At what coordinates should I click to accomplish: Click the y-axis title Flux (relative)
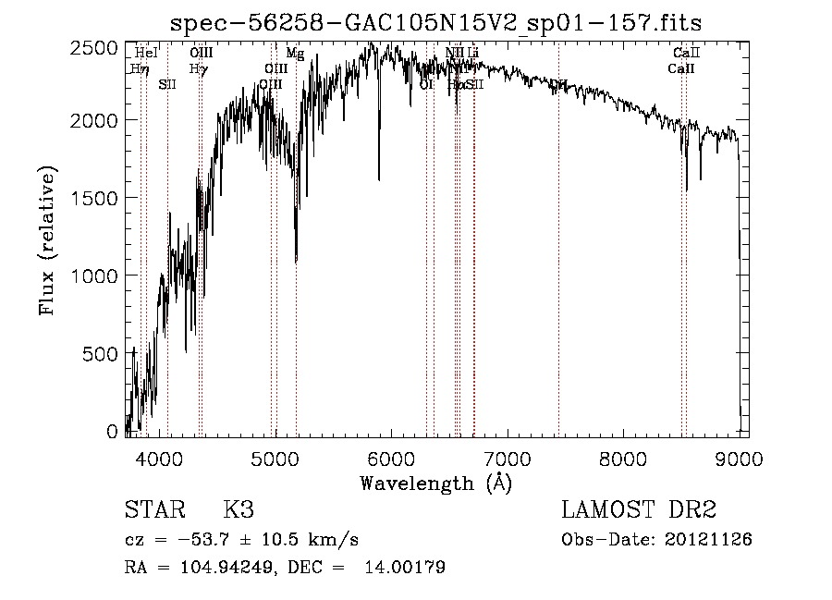point(46,241)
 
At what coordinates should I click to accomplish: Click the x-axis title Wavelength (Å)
point(435,483)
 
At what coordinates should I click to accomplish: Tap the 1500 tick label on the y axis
point(94,198)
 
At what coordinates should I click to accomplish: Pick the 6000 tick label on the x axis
point(391,456)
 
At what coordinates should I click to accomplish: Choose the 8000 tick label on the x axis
point(623,456)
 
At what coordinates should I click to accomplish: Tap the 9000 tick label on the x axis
point(739,456)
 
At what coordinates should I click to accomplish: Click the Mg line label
point(295,54)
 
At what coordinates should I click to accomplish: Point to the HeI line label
point(146,54)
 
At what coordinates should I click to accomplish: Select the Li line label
point(472,54)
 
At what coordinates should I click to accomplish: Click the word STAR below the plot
point(153,509)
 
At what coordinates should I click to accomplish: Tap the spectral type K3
point(239,509)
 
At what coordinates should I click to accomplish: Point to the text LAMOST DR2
point(638,509)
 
